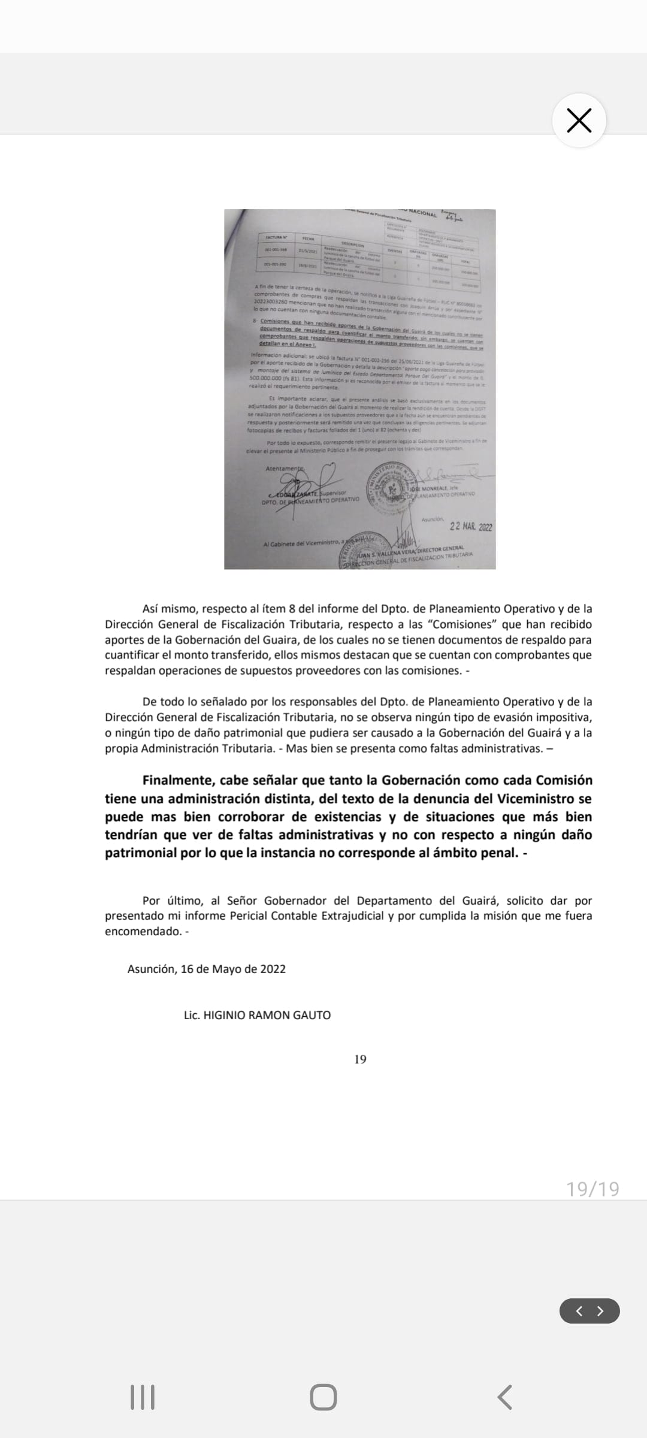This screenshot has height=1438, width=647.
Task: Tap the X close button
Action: click(579, 120)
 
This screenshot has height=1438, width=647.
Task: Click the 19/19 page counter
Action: click(592, 1189)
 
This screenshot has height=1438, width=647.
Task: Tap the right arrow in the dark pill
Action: click(600, 1311)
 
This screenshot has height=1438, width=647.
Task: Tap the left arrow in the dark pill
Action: click(579, 1311)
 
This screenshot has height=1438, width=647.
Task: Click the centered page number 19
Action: click(360, 1059)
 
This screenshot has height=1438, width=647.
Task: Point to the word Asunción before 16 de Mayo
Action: click(152, 969)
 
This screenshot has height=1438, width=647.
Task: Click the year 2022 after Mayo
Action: click(273, 969)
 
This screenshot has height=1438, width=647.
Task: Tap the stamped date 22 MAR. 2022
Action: click(471, 527)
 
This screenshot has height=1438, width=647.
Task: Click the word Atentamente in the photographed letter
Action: click(285, 468)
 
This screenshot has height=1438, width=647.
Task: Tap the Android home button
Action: click(323, 1397)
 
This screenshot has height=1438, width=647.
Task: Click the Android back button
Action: click(504, 1397)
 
